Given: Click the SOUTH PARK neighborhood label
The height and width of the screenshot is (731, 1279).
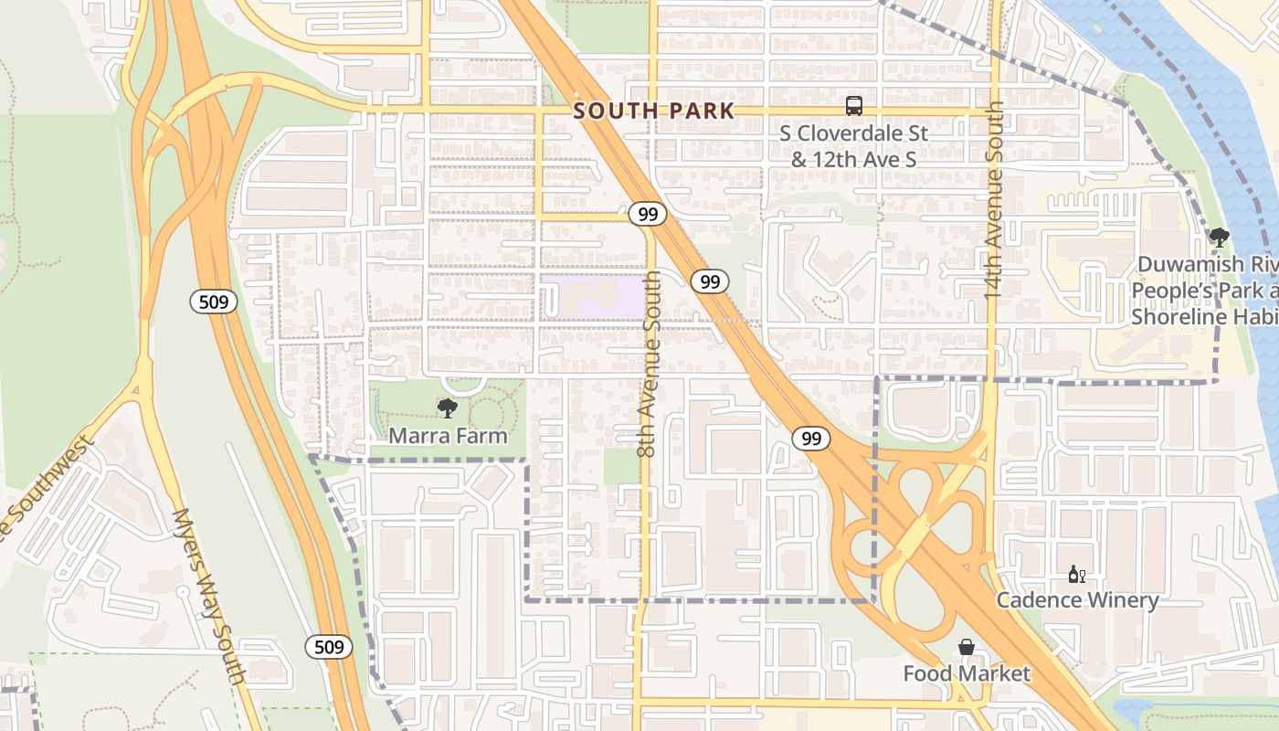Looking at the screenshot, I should (654, 111).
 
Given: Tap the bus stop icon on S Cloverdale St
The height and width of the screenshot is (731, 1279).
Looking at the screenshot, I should (853, 105).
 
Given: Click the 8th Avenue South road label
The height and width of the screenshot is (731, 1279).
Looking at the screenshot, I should (648, 364).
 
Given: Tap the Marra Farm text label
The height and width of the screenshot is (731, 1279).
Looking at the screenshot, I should (448, 436).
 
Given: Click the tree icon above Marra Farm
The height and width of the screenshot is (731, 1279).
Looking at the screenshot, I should (448, 408).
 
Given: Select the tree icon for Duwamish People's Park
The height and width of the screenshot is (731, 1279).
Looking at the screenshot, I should (1219, 238).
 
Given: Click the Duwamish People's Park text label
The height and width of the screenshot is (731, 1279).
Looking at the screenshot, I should (1204, 291).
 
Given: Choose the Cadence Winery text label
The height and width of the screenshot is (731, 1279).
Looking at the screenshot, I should (1077, 600).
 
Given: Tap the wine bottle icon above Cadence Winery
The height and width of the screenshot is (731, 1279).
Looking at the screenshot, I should (1077, 575).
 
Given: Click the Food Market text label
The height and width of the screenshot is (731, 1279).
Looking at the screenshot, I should (967, 674).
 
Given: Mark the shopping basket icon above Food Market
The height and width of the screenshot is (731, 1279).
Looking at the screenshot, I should (967, 648).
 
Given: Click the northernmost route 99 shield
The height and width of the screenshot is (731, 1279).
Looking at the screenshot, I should (648, 215).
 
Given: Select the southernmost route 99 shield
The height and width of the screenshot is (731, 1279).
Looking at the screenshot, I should (810, 439).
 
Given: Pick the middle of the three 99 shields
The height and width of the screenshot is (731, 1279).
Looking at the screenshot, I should (709, 281).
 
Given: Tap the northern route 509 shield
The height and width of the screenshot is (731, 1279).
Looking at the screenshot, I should (214, 302).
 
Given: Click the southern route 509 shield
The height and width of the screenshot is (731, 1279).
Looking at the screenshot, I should (328, 647).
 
